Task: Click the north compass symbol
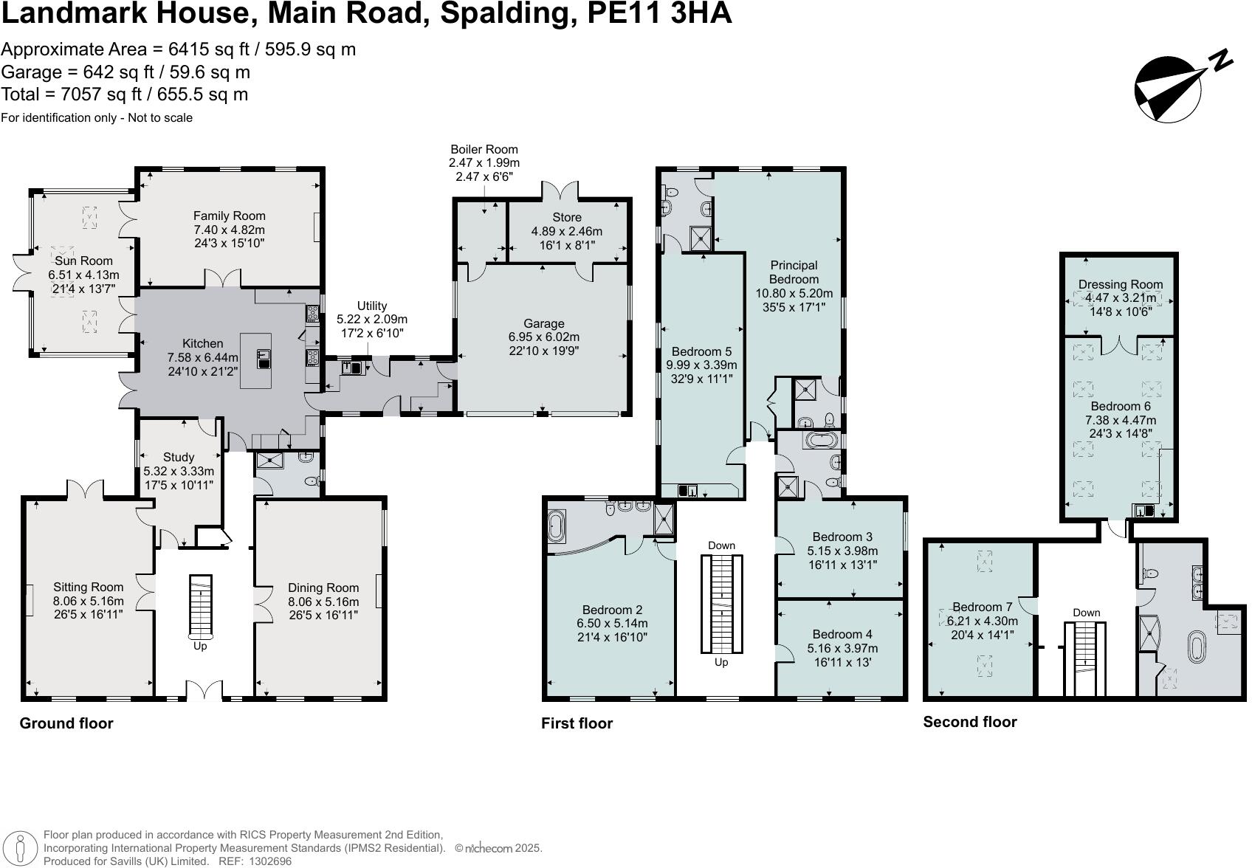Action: pos(1169,90)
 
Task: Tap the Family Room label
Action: pos(229,216)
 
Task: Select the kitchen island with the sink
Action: pos(255,361)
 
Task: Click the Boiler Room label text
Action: pos(484,149)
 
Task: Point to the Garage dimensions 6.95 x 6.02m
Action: pos(543,337)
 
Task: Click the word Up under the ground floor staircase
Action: pos(200,647)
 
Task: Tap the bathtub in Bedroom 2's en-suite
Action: pos(556,527)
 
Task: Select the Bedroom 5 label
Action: pos(701,351)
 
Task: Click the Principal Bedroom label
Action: pos(794,272)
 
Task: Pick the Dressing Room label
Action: pos(1120,284)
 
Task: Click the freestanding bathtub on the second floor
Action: pos(1195,647)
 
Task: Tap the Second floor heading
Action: pos(969,723)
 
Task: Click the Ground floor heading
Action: pos(66,723)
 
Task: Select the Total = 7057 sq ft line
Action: pos(125,94)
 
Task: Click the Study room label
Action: pos(179,457)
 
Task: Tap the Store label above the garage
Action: pos(566,217)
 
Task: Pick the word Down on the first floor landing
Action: pos(721,545)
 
